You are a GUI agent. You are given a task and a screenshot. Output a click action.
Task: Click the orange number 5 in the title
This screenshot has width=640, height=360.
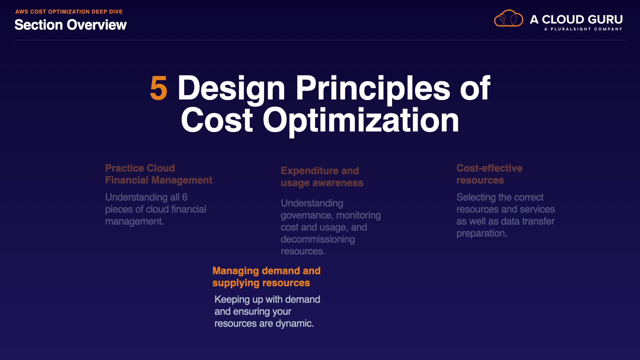pyautogui.click(x=159, y=88)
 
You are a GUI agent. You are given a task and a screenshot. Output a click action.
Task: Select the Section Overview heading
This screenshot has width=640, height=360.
pyautogui.click(x=71, y=25)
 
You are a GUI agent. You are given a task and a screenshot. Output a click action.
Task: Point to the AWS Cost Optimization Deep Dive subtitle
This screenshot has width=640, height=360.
pyautogui.click(x=69, y=12)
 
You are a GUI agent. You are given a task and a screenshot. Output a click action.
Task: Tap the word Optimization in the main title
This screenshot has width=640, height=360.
pyautogui.click(x=361, y=121)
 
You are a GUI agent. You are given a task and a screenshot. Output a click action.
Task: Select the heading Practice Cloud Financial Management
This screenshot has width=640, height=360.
pyautogui.click(x=159, y=174)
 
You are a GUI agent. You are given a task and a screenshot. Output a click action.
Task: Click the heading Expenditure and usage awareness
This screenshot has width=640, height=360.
pyautogui.click(x=322, y=177)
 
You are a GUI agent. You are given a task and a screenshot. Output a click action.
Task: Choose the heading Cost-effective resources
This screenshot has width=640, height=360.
pyautogui.click(x=489, y=174)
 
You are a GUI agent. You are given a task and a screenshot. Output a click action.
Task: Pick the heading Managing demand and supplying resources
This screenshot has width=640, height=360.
pyautogui.click(x=267, y=277)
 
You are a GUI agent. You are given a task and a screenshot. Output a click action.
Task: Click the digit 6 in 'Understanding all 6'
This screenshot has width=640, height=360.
pyautogui.click(x=185, y=197)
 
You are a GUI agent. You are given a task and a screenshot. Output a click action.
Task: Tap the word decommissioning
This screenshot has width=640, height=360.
pyautogui.click(x=318, y=239)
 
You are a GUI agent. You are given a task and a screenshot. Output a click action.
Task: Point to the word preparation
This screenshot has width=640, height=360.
pyautogui.click(x=482, y=233)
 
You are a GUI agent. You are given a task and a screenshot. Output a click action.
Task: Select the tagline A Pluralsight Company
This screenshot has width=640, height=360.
pyautogui.click(x=583, y=29)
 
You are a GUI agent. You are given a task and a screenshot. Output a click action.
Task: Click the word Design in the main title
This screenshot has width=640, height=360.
pyautogui.click(x=231, y=88)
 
